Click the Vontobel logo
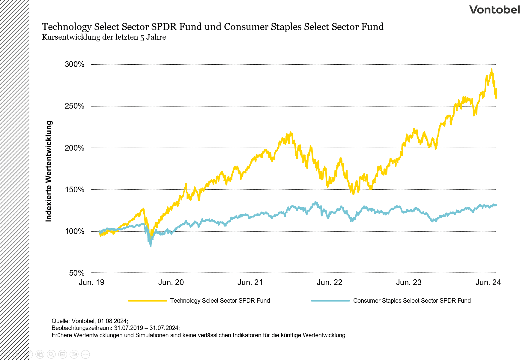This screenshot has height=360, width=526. (494, 10)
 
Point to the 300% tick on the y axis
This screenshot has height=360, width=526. (75, 64)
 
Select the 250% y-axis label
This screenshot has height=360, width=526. (75, 106)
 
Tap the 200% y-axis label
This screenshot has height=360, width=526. (75, 148)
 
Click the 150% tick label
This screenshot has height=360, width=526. (75, 190)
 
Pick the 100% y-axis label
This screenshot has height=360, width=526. (75, 231)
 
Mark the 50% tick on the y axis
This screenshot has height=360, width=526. (77, 273)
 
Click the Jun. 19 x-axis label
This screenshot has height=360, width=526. (91, 282)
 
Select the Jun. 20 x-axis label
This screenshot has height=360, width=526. (171, 282)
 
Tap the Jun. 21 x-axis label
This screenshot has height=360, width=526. (250, 282)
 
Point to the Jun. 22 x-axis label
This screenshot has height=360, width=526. (330, 282)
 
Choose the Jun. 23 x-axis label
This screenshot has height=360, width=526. (409, 282)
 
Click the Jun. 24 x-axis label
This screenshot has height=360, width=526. (488, 282)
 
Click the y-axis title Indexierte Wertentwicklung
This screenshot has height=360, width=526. (49, 171)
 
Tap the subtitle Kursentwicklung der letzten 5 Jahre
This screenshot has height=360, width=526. (104, 37)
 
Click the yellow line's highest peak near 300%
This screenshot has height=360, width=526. (492, 70)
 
